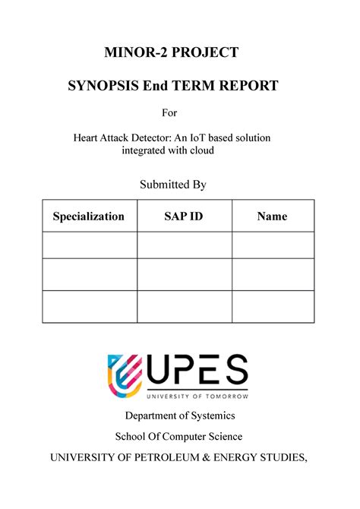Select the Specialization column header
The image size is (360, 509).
tap(88, 217)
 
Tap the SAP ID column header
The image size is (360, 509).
tap(184, 217)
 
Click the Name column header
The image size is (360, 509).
tap(272, 217)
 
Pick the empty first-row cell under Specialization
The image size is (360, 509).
tap(89, 245)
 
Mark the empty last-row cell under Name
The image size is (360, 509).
tap(273, 306)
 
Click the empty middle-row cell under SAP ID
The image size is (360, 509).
tap(184, 274)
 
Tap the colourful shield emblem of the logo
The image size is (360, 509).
tap(126, 375)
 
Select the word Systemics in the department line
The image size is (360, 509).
tap(208, 416)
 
